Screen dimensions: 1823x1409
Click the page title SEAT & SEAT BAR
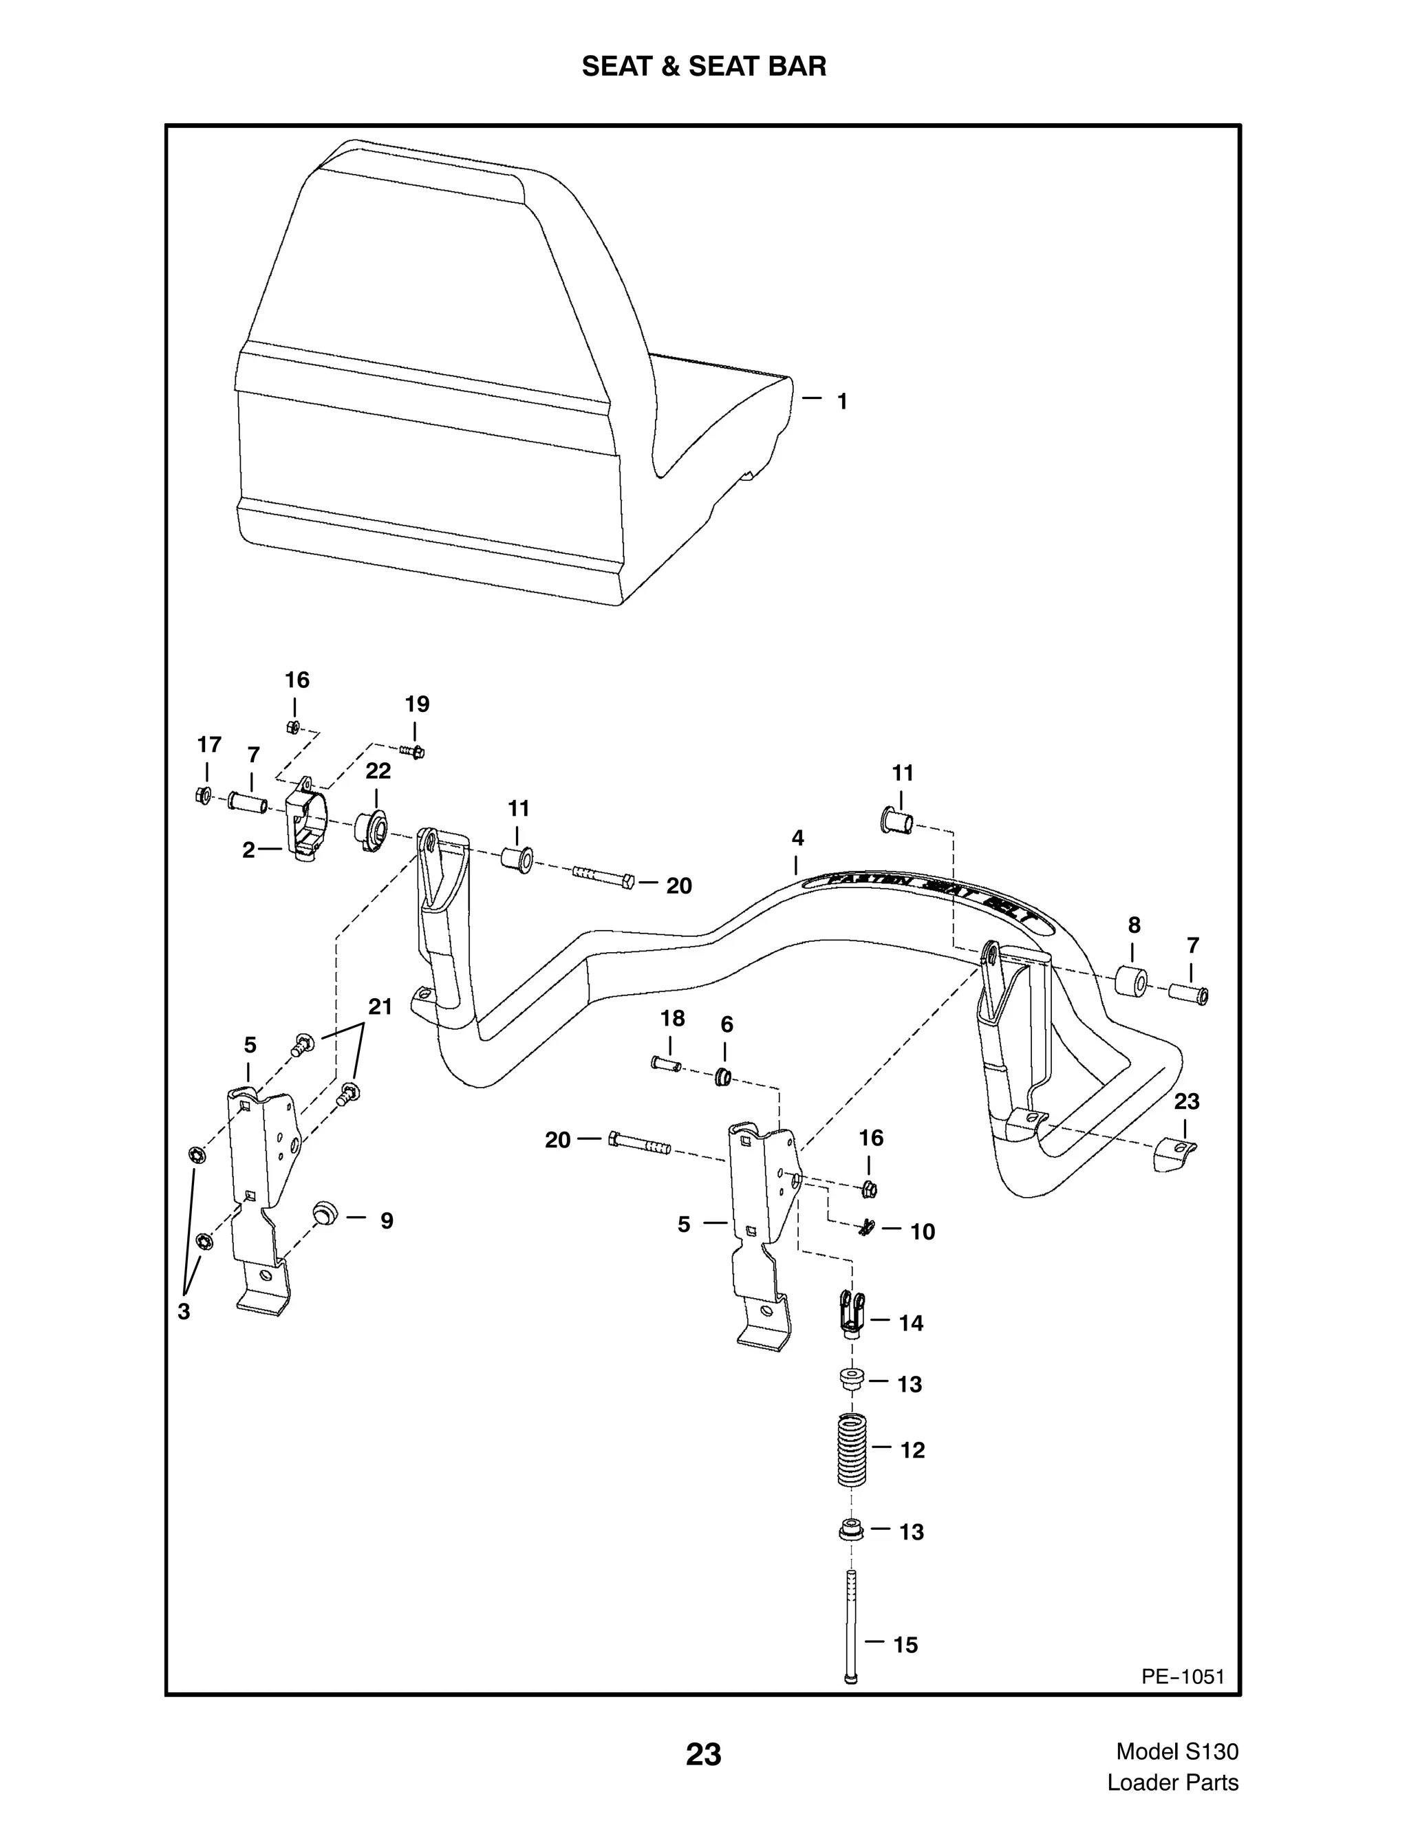point(704,67)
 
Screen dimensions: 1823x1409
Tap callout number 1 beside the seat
point(842,402)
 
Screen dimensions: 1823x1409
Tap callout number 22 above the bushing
point(378,770)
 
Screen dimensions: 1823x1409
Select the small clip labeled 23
point(1176,1156)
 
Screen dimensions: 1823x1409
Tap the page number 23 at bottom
point(704,1754)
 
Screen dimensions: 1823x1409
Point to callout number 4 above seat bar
point(797,838)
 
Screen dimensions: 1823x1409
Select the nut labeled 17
point(202,795)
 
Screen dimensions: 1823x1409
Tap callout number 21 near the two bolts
point(380,1006)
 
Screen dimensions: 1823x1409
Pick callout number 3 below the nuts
point(184,1311)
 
